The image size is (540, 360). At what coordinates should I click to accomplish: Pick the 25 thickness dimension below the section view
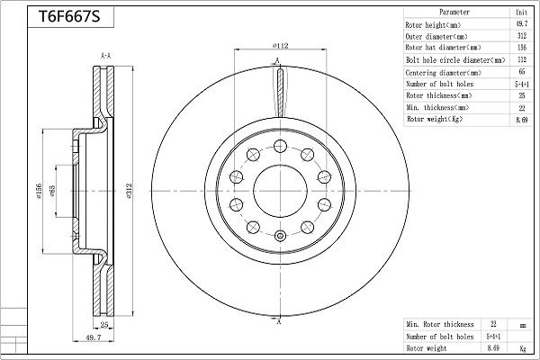click(x=104, y=325)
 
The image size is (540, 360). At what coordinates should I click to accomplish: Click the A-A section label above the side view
click(x=106, y=56)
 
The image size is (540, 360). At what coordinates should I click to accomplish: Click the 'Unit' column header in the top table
click(x=519, y=13)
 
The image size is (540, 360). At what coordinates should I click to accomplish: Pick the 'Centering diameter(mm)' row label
click(x=444, y=71)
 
